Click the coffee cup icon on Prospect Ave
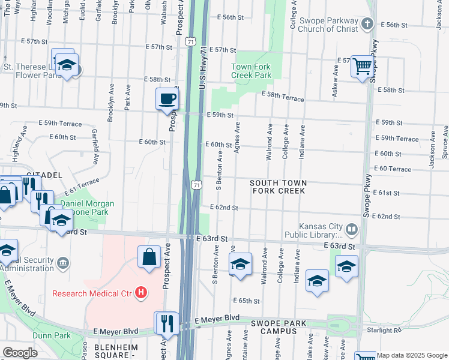pos(167,98)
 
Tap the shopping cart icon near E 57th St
pos(363,66)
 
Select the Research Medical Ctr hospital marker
pos(140,293)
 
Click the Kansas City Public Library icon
pos(351,229)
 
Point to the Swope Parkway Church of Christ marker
pos(368,23)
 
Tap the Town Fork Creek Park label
pos(252,71)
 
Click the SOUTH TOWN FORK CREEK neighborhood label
pos(279,187)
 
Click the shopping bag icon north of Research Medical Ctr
pos(148,257)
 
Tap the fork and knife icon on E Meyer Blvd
pos(167,323)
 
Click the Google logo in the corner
pos(20,353)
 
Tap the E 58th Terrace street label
pos(282,95)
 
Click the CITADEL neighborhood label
pos(43,175)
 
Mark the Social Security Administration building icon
pos(62,262)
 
